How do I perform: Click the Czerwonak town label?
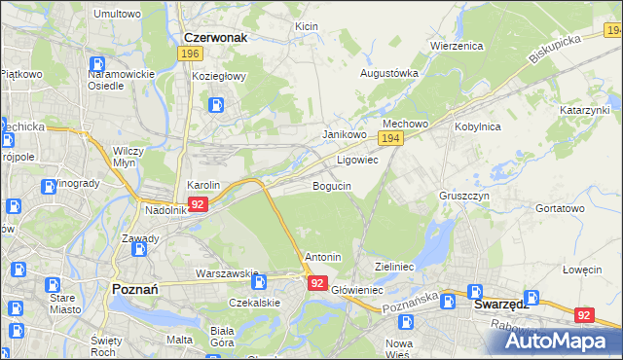point(216,37)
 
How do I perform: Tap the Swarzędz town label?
point(500,303)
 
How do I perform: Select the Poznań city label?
point(128,289)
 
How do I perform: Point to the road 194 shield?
point(390,140)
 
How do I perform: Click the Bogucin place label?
point(331,185)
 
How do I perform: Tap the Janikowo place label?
point(344,134)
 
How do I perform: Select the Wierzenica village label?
point(457,46)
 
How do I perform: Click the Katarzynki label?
point(583,111)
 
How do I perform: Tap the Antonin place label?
point(323,257)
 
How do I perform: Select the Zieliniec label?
point(395,266)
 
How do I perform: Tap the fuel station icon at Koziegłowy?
point(215,104)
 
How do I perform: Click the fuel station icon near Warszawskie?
point(260,282)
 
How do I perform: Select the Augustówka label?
point(389,73)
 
